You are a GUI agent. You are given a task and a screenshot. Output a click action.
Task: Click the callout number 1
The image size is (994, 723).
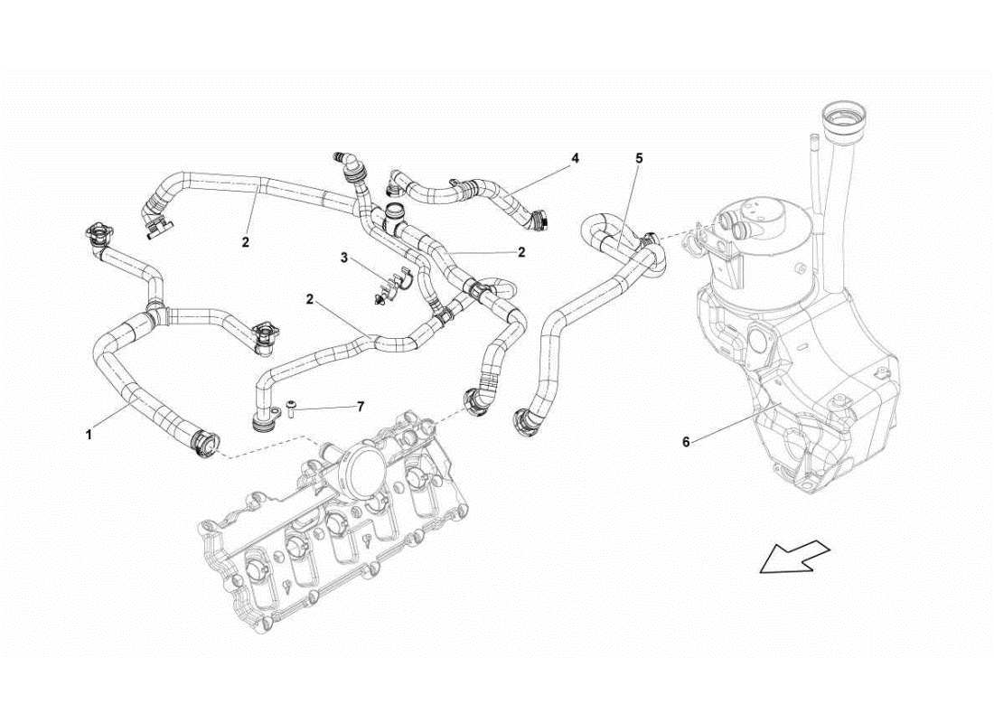pos(89,435)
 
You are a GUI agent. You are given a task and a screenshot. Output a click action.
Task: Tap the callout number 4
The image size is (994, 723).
pos(575,158)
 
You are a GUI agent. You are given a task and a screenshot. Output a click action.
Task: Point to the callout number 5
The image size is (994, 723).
pos(639,158)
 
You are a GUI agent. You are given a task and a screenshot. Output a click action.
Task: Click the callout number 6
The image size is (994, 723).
pos(686,442)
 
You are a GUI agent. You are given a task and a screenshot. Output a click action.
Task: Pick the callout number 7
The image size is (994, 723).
pos(360,408)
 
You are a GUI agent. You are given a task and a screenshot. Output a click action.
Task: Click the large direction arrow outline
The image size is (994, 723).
pos(794,555)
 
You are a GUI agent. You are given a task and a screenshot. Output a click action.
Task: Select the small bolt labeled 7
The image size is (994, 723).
pos(292,411)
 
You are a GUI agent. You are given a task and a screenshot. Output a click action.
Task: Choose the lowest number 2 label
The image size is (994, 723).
pos(309,298)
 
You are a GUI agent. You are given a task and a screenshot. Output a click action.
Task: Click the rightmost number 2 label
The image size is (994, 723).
pos(521,252)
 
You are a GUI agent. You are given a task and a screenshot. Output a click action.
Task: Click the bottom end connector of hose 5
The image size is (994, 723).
pos(523,420)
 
